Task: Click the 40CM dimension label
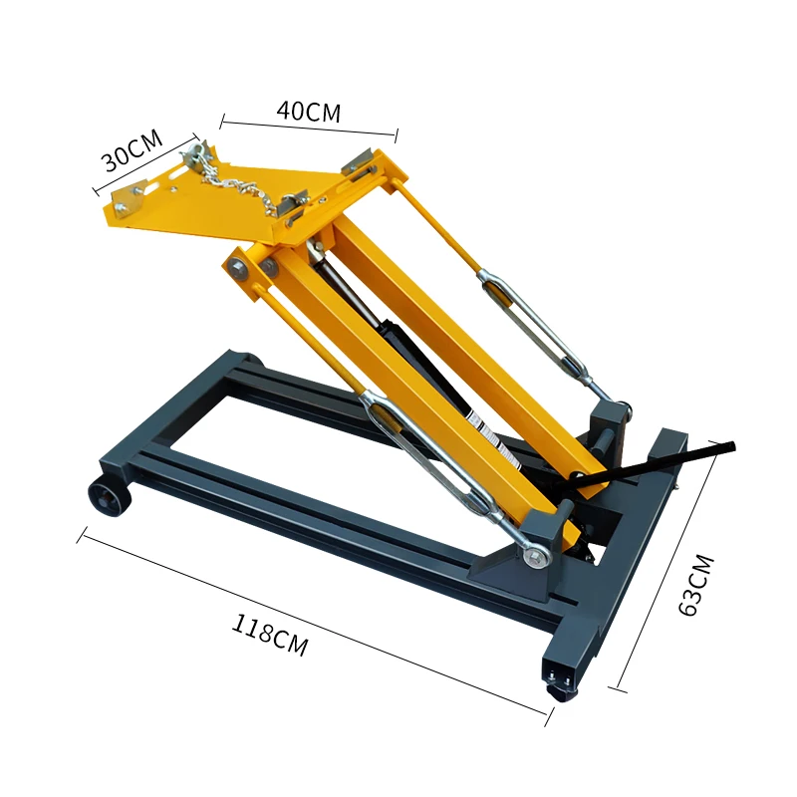309,112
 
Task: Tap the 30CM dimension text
132,151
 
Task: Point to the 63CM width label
696,585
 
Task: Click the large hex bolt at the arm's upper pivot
238,267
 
